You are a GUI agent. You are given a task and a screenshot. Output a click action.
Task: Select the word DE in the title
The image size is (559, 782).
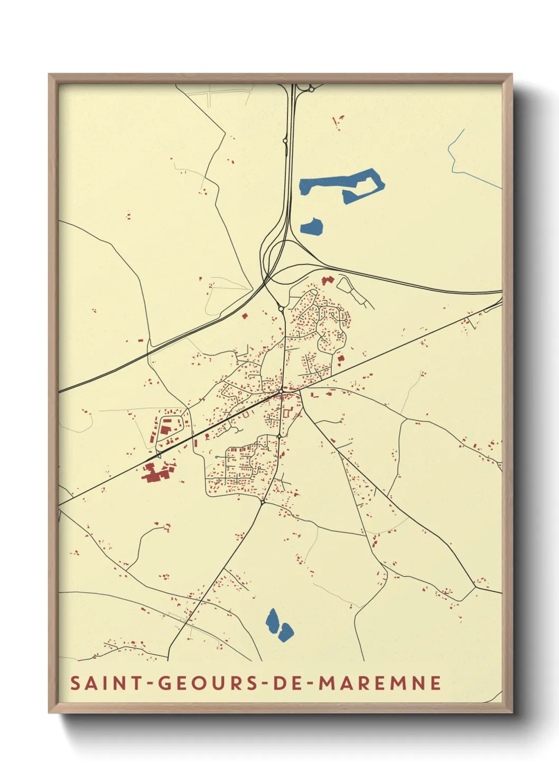point(284,683)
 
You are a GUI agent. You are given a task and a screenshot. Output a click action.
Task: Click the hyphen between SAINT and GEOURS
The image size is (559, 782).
point(150,684)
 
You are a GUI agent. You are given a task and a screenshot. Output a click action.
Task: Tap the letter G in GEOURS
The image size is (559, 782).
point(164,683)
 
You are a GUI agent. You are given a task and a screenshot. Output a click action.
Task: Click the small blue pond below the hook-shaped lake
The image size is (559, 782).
point(312,226)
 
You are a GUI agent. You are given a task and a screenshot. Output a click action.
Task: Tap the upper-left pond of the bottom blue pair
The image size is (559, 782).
point(273,620)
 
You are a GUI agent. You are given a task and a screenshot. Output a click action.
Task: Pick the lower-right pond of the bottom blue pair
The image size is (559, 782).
point(286,631)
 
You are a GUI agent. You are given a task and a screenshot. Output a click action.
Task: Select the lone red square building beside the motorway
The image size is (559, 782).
point(245,316)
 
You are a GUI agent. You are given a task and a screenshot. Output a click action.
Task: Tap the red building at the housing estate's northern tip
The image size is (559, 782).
point(328,280)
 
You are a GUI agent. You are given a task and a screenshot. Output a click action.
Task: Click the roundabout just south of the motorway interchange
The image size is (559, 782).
point(281,309)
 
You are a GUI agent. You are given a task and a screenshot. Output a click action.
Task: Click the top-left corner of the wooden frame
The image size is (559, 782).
point(50,75)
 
